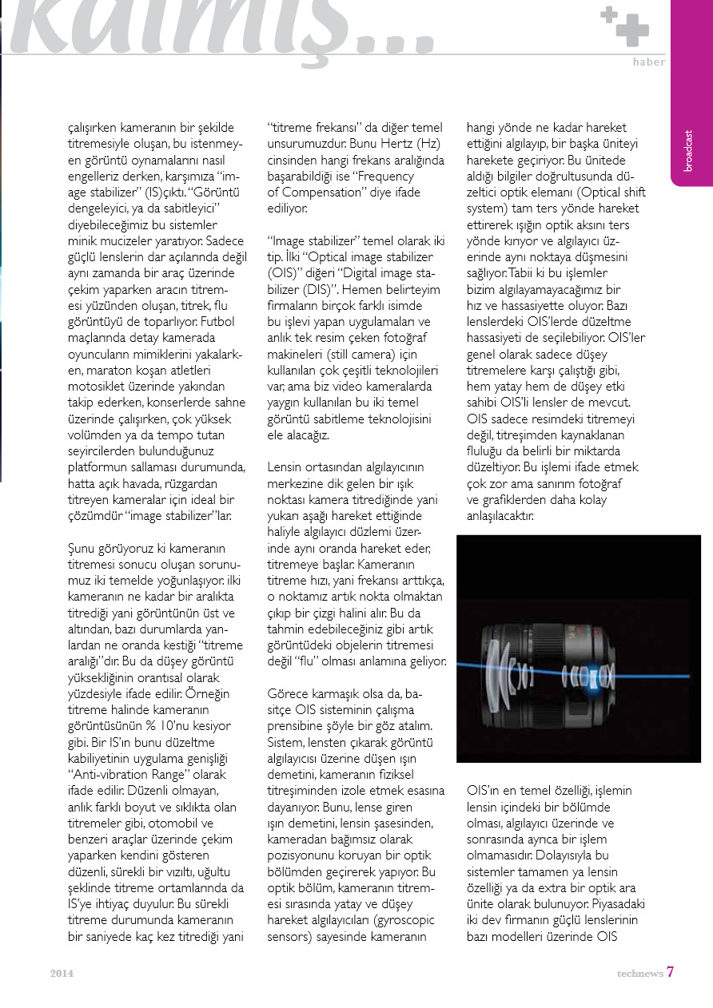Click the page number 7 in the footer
pos(671,972)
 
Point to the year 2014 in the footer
pos(62,973)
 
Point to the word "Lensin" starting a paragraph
pos(285,466)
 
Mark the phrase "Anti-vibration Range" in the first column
pos(127,775)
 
